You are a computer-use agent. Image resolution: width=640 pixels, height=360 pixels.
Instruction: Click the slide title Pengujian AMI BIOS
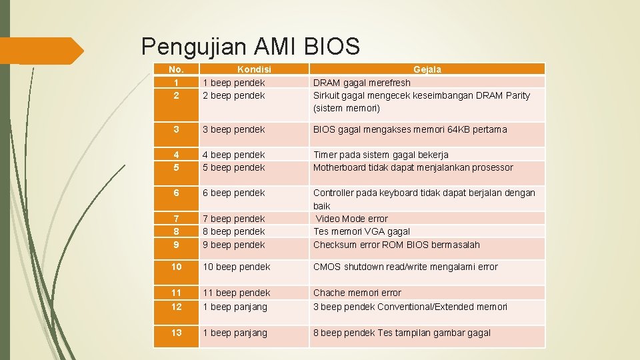click(x=251, y=46)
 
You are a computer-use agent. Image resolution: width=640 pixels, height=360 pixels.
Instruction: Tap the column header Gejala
click(x=427, y=69)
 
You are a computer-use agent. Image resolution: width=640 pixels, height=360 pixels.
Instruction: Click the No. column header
click(x=176, y=69)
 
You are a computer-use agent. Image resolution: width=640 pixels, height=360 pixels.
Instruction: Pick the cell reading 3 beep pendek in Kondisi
click(x=233, y=129)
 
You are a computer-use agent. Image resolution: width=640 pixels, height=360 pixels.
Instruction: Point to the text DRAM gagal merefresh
click(x=362, y=83)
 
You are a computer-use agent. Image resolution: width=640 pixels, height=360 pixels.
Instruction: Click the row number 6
click(x=176, y=193)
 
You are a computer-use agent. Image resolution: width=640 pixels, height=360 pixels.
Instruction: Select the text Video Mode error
click(x=351, y=219)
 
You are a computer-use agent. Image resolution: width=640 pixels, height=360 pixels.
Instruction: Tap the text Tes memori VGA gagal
click(x=362, y=231)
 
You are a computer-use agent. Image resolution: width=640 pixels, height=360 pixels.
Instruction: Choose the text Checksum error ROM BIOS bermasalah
click(x=397, y=245)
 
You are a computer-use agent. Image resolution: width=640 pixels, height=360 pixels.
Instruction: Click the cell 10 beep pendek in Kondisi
click(x=236, y=267)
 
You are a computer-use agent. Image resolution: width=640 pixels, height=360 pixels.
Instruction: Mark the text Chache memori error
click(x=357, y=293)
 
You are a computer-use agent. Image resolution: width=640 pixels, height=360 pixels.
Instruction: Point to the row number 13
click(x=176, y=333)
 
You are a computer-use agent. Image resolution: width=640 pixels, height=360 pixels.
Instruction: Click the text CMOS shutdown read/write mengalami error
click(x=405, y=267)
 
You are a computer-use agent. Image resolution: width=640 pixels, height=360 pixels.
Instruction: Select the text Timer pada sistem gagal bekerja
click(x=381, y=155)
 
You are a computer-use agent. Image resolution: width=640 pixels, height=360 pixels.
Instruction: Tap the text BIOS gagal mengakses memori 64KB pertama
click(x=410, y=129)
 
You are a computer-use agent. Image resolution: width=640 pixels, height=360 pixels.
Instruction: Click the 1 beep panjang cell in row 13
click(x=235, y=333)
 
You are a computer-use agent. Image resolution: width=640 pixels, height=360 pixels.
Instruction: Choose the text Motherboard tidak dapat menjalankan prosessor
click(x=413, y=167)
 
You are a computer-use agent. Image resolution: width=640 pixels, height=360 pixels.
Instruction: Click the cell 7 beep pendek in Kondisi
click(x=233, y=219)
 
